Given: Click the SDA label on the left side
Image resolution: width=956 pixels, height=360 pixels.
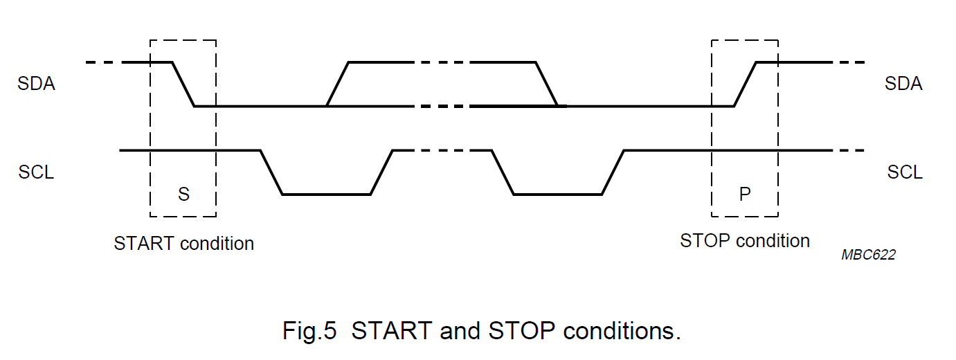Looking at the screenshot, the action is click(x=37, y=84).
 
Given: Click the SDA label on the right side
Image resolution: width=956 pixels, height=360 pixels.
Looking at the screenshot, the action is click(x=903, y=84).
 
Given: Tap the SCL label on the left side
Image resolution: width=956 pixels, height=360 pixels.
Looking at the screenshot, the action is click(x=36, y=172).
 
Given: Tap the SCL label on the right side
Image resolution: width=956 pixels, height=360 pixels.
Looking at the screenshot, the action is click(x=905, y=172).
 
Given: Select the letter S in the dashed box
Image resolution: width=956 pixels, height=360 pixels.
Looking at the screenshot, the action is click(x=183, y=194).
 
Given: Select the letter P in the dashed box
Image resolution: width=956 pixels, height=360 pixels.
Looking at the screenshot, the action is click(x=745, y=194).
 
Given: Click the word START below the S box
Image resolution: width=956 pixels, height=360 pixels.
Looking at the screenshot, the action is click(x=144, y=244).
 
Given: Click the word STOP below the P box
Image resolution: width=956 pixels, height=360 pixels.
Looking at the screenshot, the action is click(x=705, y=241).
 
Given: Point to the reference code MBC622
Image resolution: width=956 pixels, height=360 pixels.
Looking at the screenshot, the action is click(x=868, y=255).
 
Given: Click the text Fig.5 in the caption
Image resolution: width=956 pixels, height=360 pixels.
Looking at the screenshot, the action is click(x=309, y=331).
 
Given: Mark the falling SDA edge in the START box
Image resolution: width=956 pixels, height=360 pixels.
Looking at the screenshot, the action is click(x=183, y=84).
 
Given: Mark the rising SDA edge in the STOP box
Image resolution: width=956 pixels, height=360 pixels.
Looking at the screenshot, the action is click(x=746, y=84).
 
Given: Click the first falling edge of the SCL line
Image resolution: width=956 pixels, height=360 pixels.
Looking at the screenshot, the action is click(x=271, y=172).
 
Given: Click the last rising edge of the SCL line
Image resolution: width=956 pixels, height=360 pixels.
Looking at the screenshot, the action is click(x=613, y=172).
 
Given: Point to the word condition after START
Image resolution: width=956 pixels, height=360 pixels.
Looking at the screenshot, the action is click(x=217, y=244).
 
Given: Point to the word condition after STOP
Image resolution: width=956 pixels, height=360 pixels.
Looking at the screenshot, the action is click(x=773, y=241).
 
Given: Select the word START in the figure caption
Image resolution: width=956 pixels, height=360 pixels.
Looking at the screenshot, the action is click(x=392, y=331).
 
